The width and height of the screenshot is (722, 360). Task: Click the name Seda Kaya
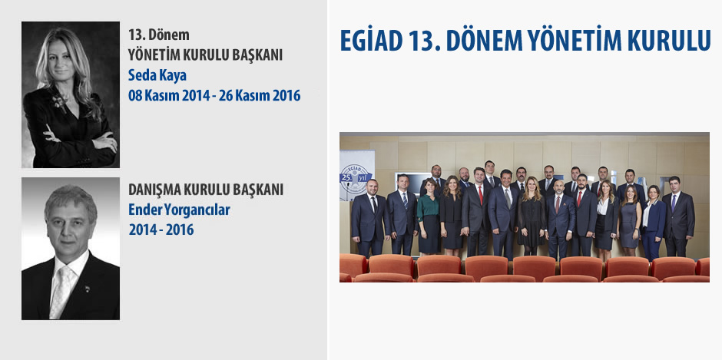pos(157,75)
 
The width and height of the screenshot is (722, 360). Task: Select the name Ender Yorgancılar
pos(179,210)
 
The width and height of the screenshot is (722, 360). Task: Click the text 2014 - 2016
pos(161,230)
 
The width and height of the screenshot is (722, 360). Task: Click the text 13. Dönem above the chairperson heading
pos(159,35)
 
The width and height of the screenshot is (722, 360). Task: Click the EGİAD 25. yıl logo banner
pos(356,176)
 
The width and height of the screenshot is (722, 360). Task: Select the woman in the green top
pos(429,216)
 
